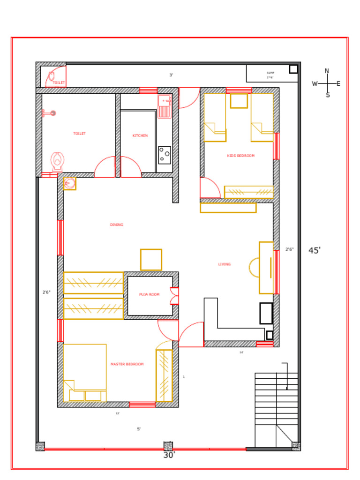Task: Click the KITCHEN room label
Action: [140, 135]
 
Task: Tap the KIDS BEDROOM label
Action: [240, 156]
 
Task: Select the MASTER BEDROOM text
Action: [127, 364]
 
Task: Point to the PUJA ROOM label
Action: [149, 294]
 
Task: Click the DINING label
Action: [117, 225]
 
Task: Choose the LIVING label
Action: [225, 264]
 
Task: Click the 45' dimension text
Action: [315, 250]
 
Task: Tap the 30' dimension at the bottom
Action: [169, 455]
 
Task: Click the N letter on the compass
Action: [327, 71]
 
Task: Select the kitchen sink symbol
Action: [164, 106]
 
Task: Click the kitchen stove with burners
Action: [165, 155]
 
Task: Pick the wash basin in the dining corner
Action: [70, 183]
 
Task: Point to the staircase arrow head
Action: [287, 388]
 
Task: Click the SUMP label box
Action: [270, 74]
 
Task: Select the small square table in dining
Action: [151, 260]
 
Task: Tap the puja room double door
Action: [174, 296]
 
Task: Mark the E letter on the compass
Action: [338, 84]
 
